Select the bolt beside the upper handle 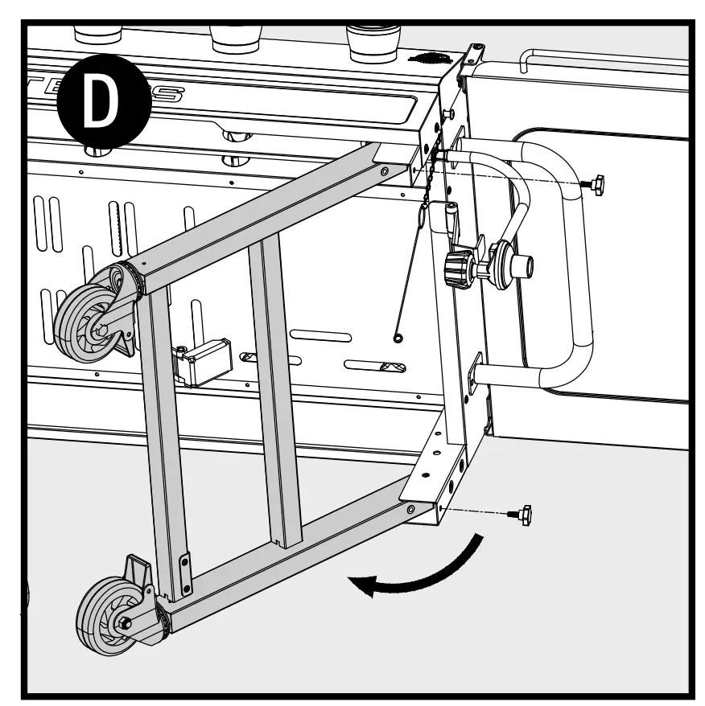(x=596, y=185)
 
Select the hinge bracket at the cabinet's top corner (x=470, y=60)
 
